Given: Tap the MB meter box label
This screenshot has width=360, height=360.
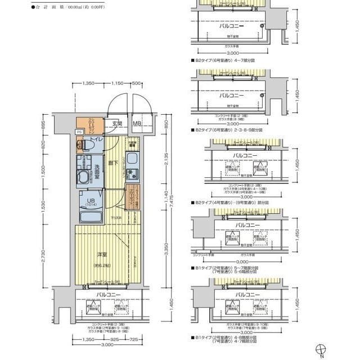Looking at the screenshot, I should (x=137, y=124).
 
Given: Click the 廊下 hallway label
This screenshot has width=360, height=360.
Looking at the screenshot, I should (x=114, y=163).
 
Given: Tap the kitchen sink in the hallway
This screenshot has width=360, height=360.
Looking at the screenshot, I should (x=132, y=157).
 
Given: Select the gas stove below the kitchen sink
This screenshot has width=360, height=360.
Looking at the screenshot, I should (x=132, y=173).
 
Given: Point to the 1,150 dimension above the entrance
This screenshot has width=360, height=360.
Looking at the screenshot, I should (x=117, y=84).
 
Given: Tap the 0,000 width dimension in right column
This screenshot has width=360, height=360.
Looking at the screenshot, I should (x=243, y=262).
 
